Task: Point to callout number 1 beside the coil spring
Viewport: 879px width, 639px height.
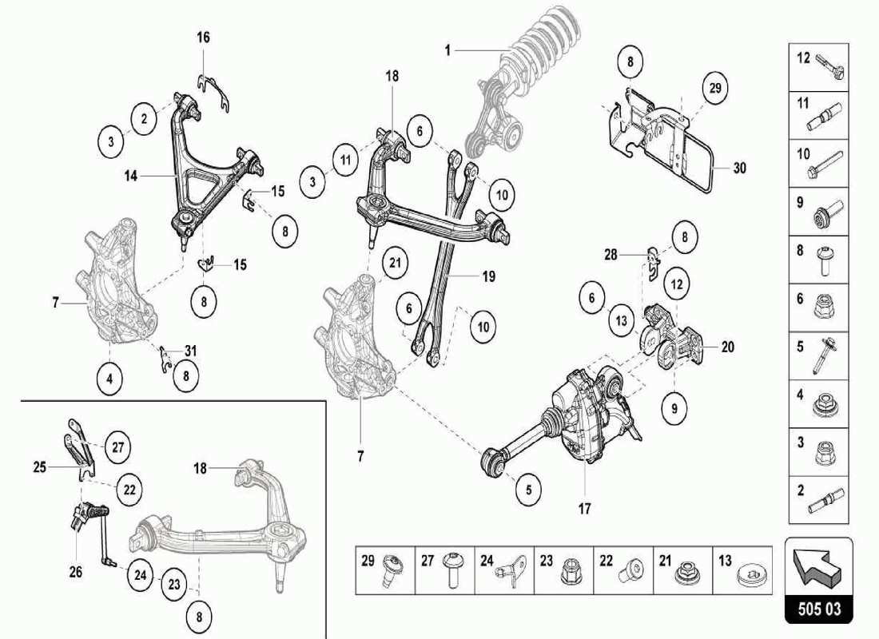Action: pos(448,50)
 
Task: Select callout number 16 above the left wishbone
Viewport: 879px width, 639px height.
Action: pos(204,38)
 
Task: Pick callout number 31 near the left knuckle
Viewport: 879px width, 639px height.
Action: pos(190,350)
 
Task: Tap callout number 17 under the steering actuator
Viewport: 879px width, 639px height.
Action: pos(584,508)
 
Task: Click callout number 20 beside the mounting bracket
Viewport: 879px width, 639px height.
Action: pos(727,347)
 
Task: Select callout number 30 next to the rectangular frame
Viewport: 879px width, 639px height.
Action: pos(739,168)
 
